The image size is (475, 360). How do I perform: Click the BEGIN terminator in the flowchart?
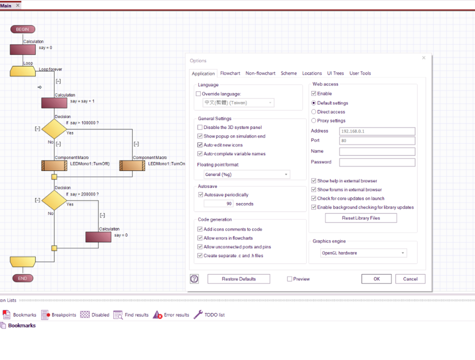click(22, 29)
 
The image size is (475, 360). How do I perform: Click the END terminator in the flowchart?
click(22, 278)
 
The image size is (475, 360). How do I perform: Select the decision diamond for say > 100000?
click(54, 129)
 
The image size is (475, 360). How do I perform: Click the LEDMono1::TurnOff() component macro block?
click(54, 166)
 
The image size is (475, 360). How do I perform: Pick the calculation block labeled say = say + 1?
click(54, 103)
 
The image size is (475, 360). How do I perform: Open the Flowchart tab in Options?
click(230, 73)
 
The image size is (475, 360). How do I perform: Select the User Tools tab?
click(360, 73)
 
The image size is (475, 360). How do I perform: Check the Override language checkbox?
click(198, 94)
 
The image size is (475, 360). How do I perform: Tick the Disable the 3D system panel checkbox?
click(200, 127)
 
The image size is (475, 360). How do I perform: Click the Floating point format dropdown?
click(246, 174)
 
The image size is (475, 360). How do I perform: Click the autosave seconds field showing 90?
click(218, 203)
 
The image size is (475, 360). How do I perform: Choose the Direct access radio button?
click(314, 112)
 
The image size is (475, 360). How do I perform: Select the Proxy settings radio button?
click(314, 120)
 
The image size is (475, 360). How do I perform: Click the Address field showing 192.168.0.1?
click(377, 131)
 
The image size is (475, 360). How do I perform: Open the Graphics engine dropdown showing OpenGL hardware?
click(363, 253)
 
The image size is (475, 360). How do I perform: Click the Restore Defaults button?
click(238, 279)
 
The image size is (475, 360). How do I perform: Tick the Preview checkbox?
click(289, 279)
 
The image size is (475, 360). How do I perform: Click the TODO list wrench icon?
click(198, 314)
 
